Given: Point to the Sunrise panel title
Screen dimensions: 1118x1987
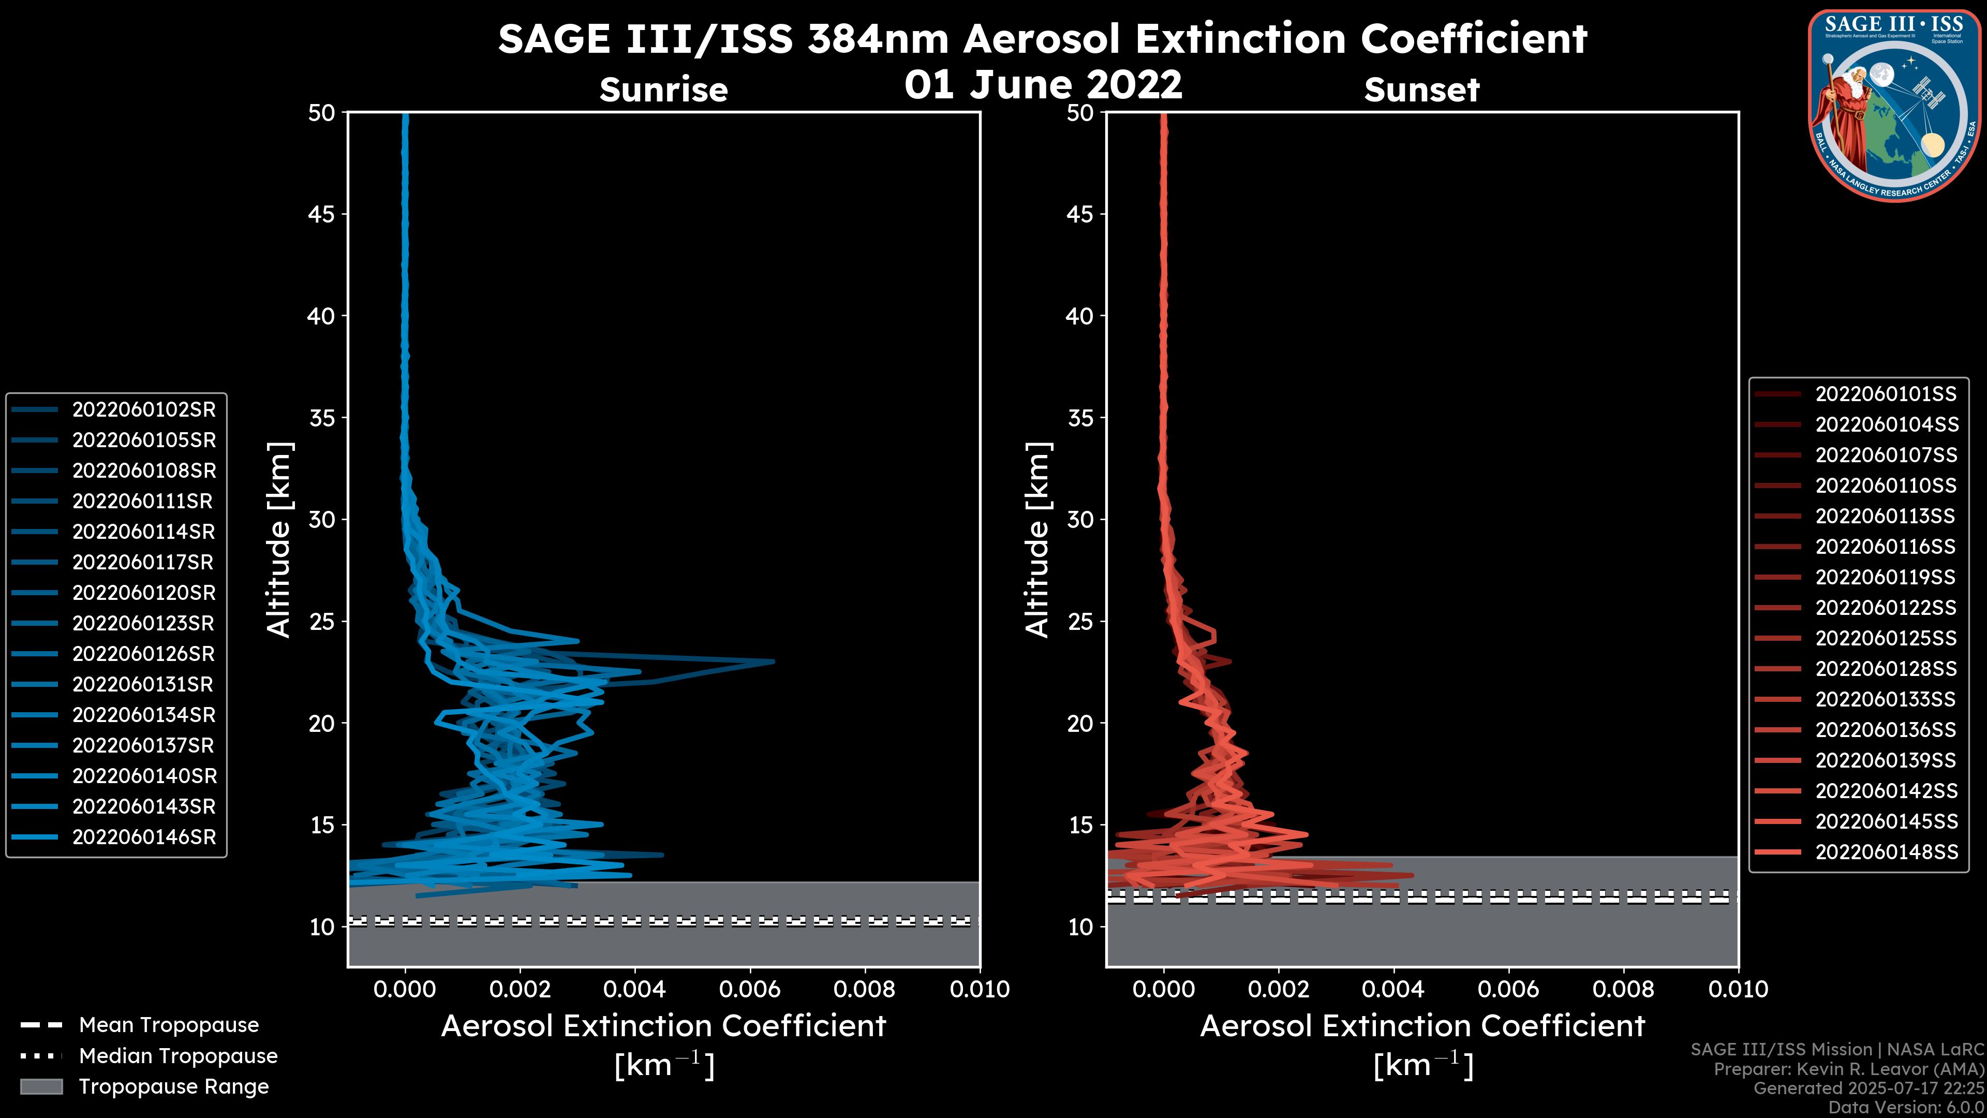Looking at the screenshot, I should click(663, 90).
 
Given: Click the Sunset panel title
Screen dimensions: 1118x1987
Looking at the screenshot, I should click(1421, 90).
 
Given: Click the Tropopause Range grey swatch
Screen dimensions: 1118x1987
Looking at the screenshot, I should click(41, 1086).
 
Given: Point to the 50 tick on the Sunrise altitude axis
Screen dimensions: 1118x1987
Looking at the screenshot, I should click(322, 113).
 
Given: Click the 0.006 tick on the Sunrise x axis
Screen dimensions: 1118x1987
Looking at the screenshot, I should click(750, 989).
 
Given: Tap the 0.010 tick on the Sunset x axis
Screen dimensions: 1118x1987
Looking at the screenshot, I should click(1738, 989).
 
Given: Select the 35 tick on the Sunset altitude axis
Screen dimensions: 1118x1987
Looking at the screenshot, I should click(1081, 418).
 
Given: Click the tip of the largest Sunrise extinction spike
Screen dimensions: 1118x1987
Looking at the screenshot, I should click(773, 661).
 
